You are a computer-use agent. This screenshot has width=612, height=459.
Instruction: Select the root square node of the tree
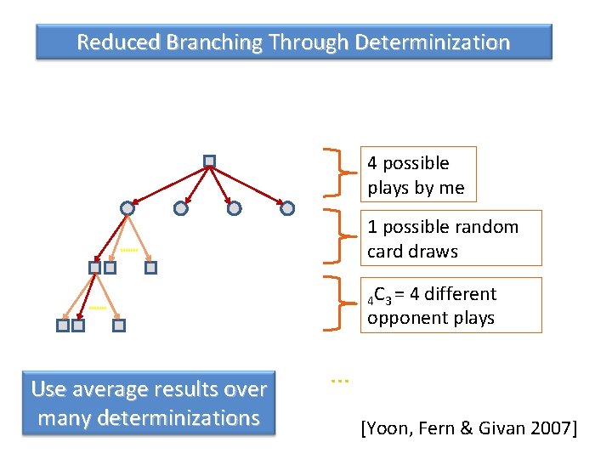[x=209, y=161]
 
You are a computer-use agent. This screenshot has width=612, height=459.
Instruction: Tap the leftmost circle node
[x=127, y=208]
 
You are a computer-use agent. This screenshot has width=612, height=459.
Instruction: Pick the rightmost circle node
[x=287, y=208]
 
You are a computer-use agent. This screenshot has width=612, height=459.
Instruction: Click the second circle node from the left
[x=180, y=208]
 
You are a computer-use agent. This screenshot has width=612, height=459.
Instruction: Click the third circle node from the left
[x=234, y=208]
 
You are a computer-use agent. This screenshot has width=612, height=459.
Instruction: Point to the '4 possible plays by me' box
[x=416, y=174]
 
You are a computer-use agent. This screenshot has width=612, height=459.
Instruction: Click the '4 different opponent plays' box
[x=451, y=305]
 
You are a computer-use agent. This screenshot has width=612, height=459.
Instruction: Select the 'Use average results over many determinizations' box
[x=149, y=404]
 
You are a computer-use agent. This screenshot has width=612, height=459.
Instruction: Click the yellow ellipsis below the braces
[x=340, y=381]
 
